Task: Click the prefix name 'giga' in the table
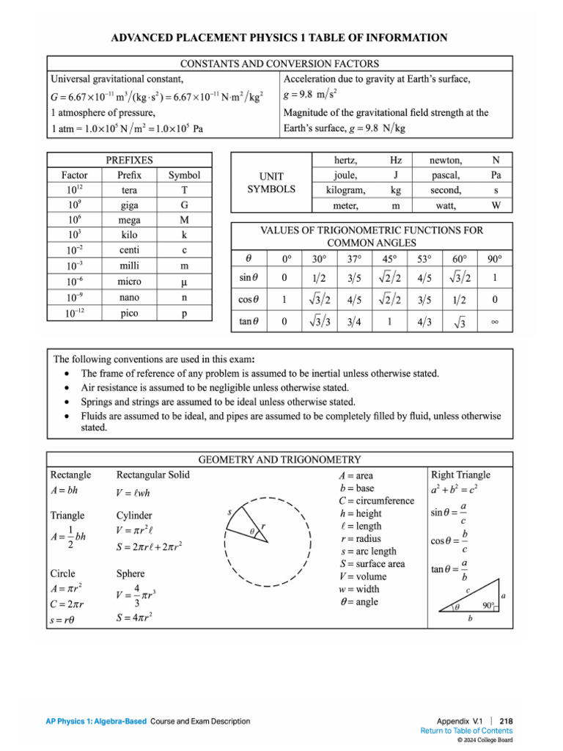(129, 205)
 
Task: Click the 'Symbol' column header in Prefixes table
(184, 175)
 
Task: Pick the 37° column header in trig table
(354, 259)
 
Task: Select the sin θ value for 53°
(424, 278)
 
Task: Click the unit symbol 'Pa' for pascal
(496, 175)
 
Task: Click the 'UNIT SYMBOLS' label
(271, 183)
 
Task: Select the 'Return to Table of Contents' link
(466, 730)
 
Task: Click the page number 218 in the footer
(506, 721)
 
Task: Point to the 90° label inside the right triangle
(490, 605)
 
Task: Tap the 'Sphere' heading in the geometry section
(130, 574)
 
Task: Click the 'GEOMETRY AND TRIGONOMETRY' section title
(280, 460)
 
